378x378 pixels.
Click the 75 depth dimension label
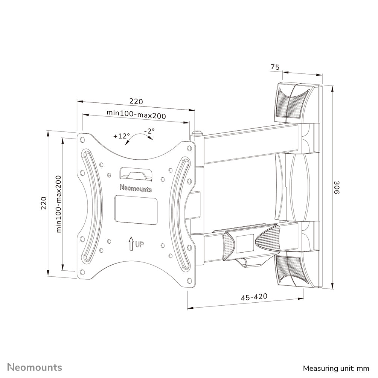(x=275, y=67)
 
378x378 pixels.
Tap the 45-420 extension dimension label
(x=254, y=297)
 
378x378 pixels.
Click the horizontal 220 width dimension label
(x=136, y=101)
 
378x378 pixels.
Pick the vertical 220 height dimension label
(x=44, y=203)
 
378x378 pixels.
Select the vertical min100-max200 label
(x=59, y=203)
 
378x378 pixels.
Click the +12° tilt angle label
(x=121, y=136)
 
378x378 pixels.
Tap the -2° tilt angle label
(x=149, y=131)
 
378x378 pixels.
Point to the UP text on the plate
(x=139, y=245)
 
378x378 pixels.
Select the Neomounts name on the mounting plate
(x=136, y=187)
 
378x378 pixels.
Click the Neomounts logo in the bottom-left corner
(x=35, y=367)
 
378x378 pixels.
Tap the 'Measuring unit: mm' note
(x=336, y=367)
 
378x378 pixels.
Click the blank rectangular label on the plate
(x=136, y=210)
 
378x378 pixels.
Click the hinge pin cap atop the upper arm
(x=197, y=133)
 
